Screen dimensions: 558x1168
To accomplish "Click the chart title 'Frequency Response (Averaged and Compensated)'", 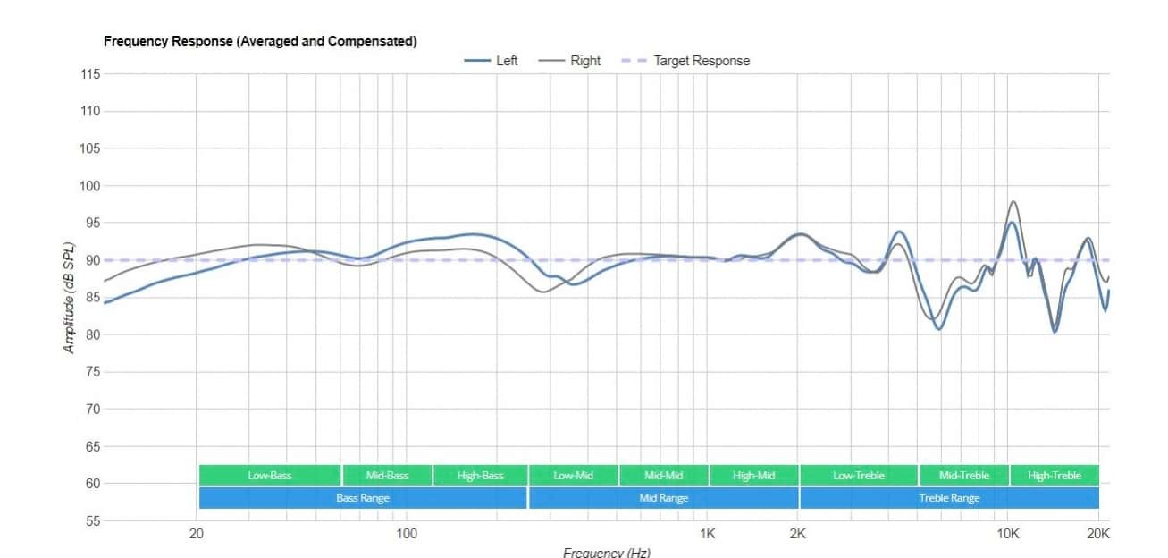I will tap(260, 41).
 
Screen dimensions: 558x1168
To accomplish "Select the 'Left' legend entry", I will tap(506, 61).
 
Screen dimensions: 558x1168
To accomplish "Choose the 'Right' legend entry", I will tap(585, 61).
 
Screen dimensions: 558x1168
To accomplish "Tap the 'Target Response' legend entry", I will tap(702, 61).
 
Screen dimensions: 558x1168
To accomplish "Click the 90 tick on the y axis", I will tap(91, 260).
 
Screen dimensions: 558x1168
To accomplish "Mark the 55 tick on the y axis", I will tap(91, 520).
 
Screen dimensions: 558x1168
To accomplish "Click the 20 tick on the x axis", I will tap(197, 534).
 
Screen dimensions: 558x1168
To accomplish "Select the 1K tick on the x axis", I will tap(707, 534).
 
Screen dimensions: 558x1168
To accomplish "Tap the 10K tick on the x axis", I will tap(1008, 534).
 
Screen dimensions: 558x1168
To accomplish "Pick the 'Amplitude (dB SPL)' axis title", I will tap(69, 298).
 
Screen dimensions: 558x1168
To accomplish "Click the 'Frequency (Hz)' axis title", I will tap(607, 552).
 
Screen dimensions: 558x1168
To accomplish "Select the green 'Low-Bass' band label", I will tap(270, 476).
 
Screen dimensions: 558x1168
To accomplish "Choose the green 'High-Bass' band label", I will tap(481, 476).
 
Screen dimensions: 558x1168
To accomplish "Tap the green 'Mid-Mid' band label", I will tap(664, 476).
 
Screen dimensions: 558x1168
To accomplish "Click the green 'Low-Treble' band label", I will tap(859, 476).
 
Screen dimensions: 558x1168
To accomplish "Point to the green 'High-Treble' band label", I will tap(1055, 476).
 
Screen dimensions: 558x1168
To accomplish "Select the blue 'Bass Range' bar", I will tap(363, 498).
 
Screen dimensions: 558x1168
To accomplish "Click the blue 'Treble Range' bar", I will tap(949, 498).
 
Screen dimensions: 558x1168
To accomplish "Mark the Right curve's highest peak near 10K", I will tap(1013, 202).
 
